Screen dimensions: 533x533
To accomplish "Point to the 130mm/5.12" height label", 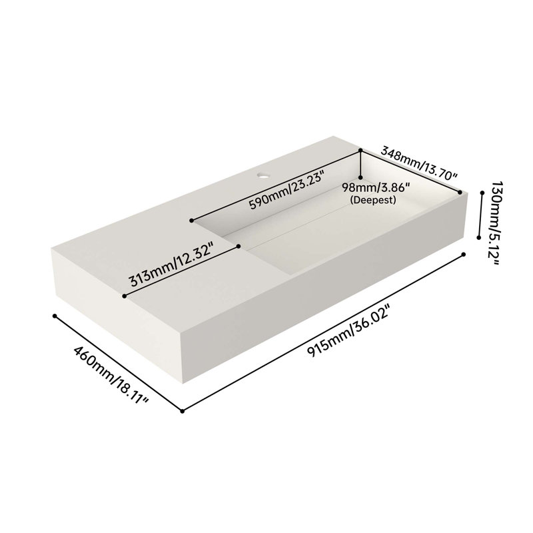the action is click(x=493, y=223).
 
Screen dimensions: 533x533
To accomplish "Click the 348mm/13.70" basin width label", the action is click(x=419, y=163).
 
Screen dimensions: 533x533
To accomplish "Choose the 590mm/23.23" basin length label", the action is click(x=286, y=191).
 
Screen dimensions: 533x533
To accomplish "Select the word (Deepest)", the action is click(x=373, y=200).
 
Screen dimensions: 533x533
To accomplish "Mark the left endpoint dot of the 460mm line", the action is click(x=55, y=316).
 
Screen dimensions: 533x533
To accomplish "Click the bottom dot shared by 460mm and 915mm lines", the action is click(x=182, y=411).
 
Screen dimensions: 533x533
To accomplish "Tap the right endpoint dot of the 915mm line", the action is click(x=463, y=255).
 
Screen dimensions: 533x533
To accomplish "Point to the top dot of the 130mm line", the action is click(x=482, y=193).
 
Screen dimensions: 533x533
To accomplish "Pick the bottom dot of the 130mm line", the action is click(x=478, y=238).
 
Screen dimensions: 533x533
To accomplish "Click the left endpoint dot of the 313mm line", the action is click(x=125, y=296).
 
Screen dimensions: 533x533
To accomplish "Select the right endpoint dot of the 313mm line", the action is click(x=239, y=246).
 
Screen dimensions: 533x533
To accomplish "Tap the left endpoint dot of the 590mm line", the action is click(x=192, y=221).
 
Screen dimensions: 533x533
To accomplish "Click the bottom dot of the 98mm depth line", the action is click(x=360, y=177).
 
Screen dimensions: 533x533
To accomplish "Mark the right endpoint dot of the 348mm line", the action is click(x=460, y=193).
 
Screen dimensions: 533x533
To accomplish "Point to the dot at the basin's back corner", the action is click(x=360, y=150).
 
